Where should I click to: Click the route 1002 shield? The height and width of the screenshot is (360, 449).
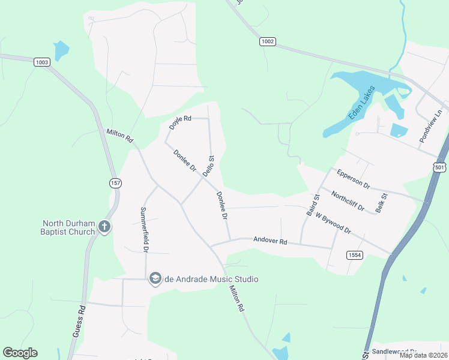click(x=268, y=41)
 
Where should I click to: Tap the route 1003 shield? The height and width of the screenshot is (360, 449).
click(x=41, y=62)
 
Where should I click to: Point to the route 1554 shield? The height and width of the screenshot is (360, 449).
click(x=355, y=255)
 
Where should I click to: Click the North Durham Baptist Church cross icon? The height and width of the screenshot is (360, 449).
click(x=104, y=227)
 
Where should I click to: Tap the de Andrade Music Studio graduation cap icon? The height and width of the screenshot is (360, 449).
click(x=155, y=278)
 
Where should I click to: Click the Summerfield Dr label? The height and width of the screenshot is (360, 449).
click(x=144, y=229)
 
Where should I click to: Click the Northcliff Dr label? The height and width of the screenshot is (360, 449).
click(x=348, y=201)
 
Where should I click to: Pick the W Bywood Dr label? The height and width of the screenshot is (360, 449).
click(x=333, y=223)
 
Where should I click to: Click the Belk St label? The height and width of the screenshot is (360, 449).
click(x=380, y=202)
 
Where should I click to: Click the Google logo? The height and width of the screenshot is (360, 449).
click(x=20, y=353)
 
